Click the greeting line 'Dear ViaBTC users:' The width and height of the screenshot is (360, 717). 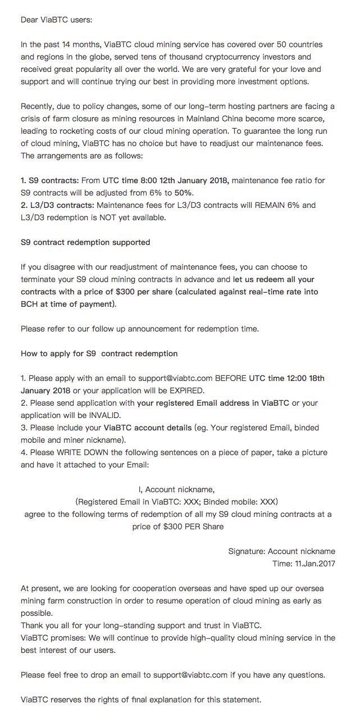[56, 20]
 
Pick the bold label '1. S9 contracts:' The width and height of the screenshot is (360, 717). [49, 180]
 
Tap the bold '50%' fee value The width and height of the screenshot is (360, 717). [183, 193]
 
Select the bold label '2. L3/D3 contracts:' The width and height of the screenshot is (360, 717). [57, 205]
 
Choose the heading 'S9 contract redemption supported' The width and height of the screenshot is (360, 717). [85, 242]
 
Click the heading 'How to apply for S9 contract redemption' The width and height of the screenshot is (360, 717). [99, 353]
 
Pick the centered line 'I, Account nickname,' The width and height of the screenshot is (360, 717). [176, 489]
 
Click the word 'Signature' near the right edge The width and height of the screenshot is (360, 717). [246, 551]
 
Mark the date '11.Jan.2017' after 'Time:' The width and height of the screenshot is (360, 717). [315, 564]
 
